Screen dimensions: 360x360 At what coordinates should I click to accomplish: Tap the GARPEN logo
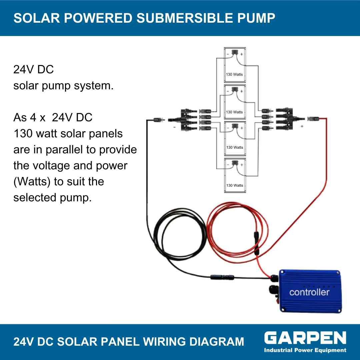point(305,338)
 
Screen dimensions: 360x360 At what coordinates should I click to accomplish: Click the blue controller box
point(310,291)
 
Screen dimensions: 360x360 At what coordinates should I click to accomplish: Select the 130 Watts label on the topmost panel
point(234,74)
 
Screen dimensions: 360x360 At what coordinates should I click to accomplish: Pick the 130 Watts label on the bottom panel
point(234,185)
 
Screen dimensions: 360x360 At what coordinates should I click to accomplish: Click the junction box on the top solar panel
point(235,52)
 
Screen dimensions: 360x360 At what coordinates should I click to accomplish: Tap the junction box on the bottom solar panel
point(235,163)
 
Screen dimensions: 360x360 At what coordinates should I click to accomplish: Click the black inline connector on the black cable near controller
point(222,277)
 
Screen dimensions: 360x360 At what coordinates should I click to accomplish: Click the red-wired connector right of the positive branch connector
point(313,119)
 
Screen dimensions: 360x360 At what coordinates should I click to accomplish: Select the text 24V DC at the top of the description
point(34,69)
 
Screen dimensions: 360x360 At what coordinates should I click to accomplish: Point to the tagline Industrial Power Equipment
point(305,350)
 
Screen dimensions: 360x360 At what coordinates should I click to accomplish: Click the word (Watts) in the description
point(32,182)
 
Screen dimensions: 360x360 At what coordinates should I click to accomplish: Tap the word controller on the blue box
point(309,292)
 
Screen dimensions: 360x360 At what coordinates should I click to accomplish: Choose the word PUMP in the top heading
point(256,18)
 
